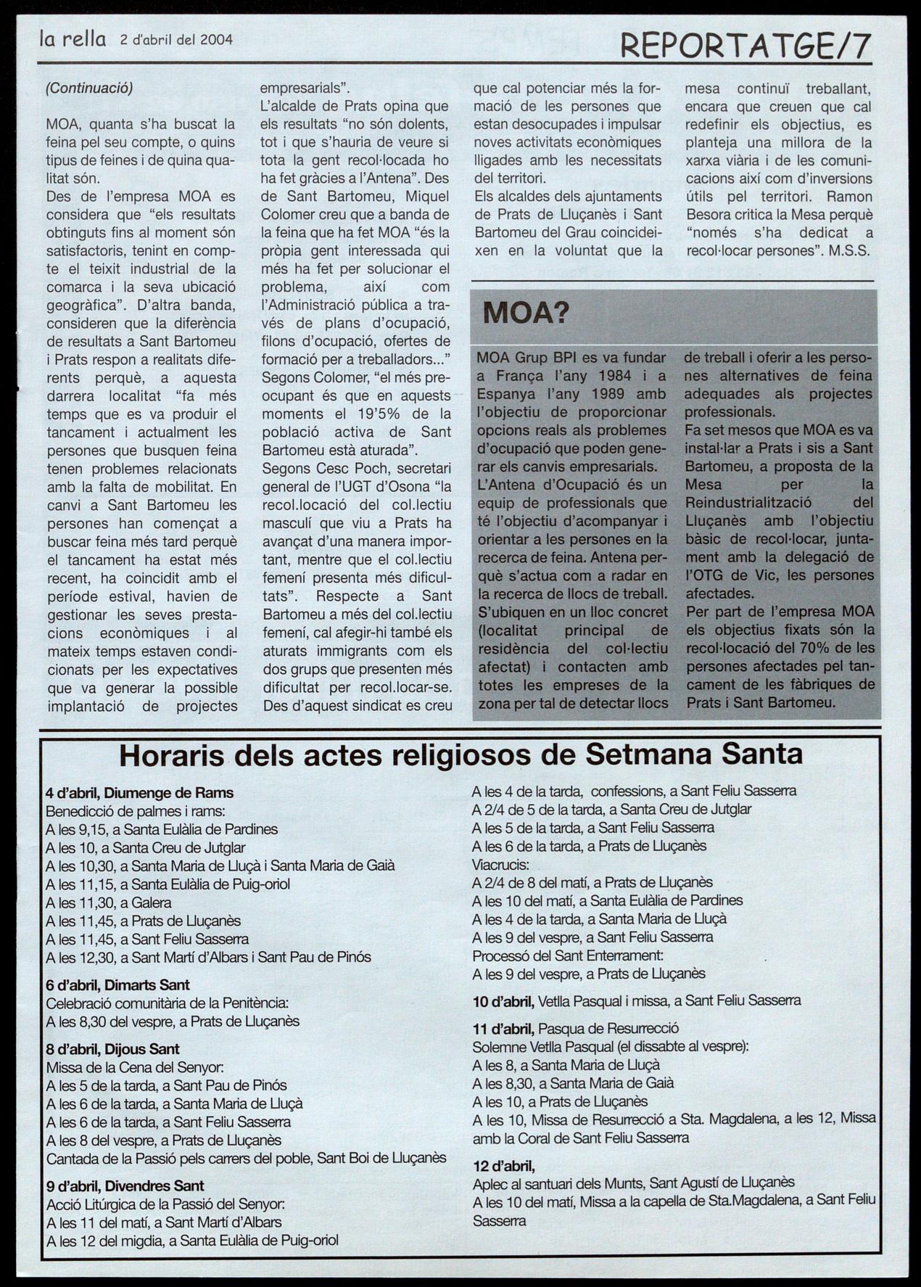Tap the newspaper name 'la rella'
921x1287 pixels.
click(73, 39)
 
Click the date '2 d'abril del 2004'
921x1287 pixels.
click(176, 40)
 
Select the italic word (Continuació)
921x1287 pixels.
click(89, 89)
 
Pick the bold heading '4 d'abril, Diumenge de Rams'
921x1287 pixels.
click(140, 793)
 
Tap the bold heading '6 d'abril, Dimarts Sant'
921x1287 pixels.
click(117, 985)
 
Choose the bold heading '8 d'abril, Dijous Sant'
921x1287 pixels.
click(112, 1049)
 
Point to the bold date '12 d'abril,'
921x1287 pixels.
click(503, 1167)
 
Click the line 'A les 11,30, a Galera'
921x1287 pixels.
click(109, 903)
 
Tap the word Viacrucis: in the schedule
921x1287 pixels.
click(500, 865)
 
